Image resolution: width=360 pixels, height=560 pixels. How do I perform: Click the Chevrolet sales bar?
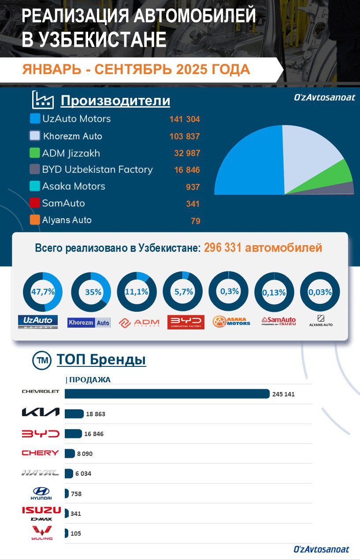coord(167,394)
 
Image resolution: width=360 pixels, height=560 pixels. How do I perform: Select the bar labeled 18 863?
coord(74,414)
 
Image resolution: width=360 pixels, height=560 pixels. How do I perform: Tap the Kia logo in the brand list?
coord(40,412)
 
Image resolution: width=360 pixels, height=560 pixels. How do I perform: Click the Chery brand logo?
coord(40,453)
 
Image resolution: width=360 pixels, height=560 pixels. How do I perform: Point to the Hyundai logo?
coord(41,493)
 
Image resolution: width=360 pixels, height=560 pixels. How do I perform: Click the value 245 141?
coord(283,394)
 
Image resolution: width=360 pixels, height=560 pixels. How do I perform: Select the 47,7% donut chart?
coord(43,292)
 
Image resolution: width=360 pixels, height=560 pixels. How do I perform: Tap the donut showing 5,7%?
coord(182,292)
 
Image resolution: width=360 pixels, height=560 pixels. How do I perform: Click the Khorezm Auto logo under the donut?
coord(89,322)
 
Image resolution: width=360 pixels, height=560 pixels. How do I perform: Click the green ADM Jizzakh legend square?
coord(35,153)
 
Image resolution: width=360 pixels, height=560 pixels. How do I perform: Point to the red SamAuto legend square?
coord(35,203)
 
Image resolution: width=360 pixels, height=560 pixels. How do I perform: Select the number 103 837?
coord(185,136)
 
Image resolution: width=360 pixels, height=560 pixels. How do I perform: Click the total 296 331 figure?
coord(223,248)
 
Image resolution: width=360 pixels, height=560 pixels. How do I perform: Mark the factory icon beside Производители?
coord(43,100)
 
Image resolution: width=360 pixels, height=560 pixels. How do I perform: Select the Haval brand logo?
coord(40,473)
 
